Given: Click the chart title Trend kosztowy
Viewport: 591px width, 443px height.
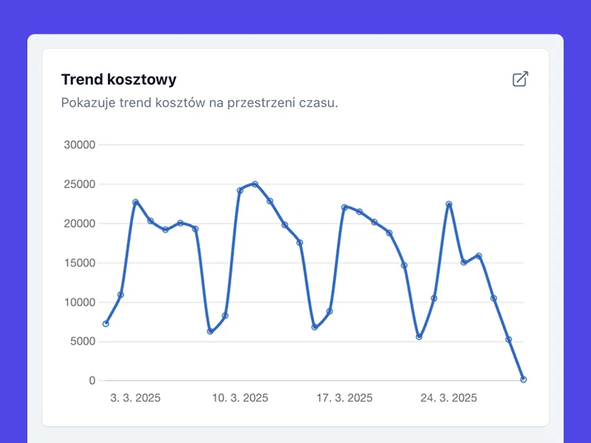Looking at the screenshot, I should click(118, 80).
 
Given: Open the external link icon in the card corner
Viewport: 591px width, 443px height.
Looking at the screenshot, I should click(520, 79).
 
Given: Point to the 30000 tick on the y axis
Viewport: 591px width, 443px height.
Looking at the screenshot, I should click(80, 145).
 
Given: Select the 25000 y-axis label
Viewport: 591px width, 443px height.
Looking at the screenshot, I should click(80, 185).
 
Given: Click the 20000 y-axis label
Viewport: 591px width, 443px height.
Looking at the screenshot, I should click(80, 224).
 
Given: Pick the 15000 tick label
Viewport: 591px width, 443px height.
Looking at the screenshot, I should click(80, 263).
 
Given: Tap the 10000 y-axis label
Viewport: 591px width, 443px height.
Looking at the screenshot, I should click(80, 302).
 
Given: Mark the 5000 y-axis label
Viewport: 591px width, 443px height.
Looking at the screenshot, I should click(83, 341).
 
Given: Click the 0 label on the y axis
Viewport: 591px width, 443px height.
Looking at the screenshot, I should click(92, 381).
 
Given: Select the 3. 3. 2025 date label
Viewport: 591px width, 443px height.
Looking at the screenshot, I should click(135, 398).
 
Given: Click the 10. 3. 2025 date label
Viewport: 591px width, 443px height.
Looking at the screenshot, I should click(240, 398).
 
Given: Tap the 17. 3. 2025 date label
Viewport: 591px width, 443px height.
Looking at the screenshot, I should click(344, 398).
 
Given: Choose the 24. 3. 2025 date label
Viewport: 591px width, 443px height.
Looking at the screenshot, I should click(448, 398).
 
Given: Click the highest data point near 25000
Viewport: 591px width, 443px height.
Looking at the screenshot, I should click(255, 184).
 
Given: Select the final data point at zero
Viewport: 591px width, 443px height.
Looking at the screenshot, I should click(523, 380).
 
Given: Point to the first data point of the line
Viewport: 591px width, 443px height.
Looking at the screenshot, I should click(106, 323).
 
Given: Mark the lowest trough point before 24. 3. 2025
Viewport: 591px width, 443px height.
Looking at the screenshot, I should click(419, 337).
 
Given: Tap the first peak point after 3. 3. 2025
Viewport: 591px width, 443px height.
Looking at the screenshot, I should click(135, 202).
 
